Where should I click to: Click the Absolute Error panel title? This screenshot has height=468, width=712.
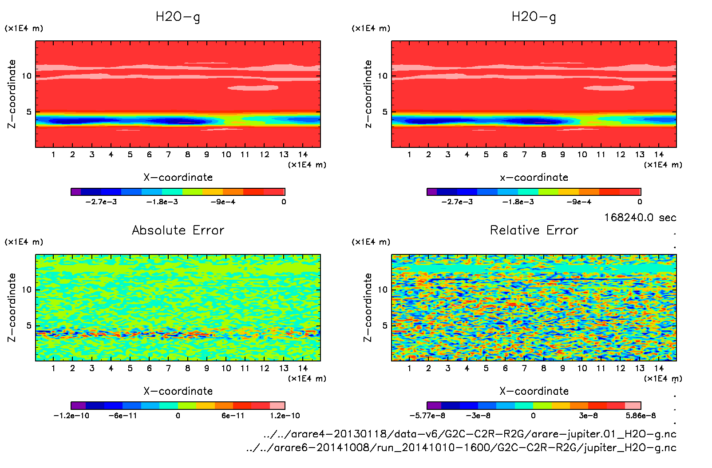(178, 230)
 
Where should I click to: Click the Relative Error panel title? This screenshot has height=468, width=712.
(534, 230)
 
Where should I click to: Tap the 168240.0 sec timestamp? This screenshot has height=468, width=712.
(640, 218)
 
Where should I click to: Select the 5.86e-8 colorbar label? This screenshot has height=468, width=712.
(641, 416)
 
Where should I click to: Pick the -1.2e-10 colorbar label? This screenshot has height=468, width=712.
(71, 416)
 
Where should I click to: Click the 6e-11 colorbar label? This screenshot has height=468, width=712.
(233, 416)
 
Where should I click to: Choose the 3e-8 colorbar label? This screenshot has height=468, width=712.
(588, 416)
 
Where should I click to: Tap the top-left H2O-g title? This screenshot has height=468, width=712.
(178, 17)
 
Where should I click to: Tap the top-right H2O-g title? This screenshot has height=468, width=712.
(534, 17)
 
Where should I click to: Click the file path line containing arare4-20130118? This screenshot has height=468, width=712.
(470, 434)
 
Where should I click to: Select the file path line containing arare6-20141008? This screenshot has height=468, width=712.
(461, 448)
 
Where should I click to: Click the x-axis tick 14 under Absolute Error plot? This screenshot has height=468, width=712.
(303, 368)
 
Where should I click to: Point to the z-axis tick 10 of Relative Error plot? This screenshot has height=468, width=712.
(382, 290)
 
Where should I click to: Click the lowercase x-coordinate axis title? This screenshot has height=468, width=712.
(534, 177)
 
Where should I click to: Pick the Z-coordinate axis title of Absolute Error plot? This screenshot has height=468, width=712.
(12, 307)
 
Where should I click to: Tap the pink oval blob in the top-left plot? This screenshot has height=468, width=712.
(253, 87)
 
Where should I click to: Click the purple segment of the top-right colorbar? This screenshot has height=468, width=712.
(431, 192)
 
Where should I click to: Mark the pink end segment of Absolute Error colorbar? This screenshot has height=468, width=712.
(277, 405)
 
